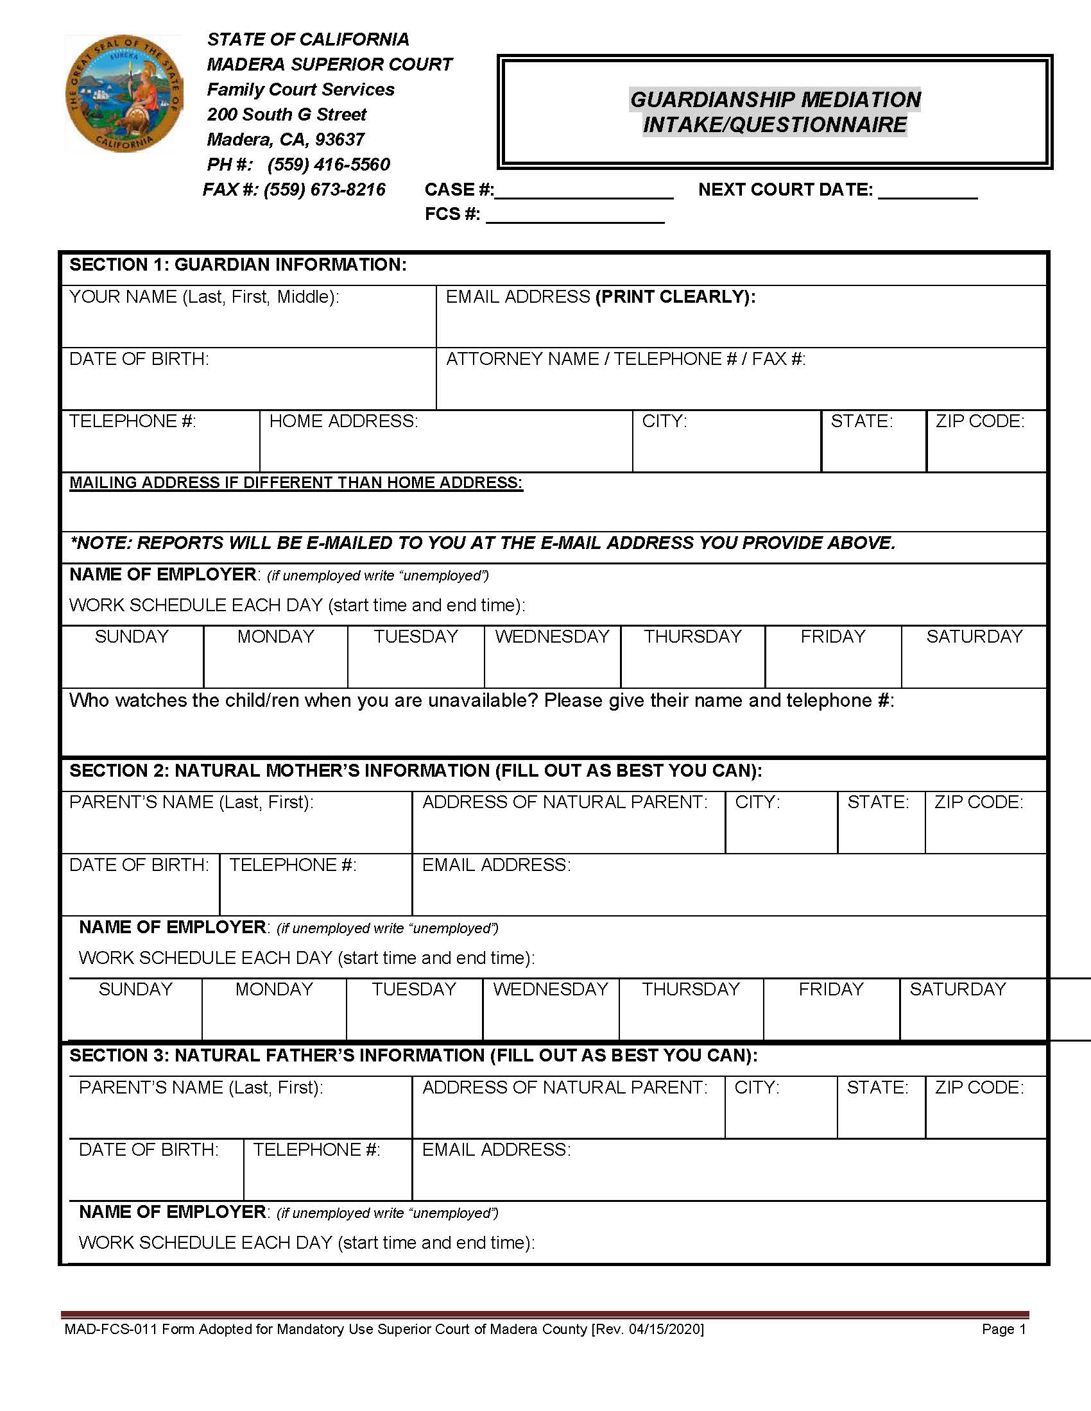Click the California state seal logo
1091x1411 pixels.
pyautogui.click(x=123, y=94)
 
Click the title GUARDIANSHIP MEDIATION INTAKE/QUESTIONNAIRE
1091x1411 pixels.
pyautogui.click(x=775, y=112)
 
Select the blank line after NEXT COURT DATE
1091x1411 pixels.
pyautogui.click(x=927, y=191)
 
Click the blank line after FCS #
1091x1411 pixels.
pyautogui.click(x=575, y=215)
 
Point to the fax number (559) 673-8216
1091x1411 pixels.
pyautogui.click(x=325, y=190)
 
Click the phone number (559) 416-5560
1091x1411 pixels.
pyautogui.click(x=329, y=165)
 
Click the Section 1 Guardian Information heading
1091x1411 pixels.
pyautogui.click(x=238, y=265)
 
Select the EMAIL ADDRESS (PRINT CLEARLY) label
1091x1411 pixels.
pyautogui.click(x=600, y=297)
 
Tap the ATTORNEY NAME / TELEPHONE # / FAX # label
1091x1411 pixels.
pyautogui.click(x=625, y=359)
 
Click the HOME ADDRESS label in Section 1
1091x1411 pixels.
pyautogui.click(x=343, y=421)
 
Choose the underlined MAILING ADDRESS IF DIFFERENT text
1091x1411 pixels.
pyautogui.click(x=295, y=482)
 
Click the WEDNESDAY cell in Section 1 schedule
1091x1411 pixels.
pyautogui.click(x=552, y=656)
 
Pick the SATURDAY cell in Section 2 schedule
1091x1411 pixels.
pyautogui.click(x=958, y=1008)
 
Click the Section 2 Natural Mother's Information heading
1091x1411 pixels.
pyautogui.click(x=416, y=771)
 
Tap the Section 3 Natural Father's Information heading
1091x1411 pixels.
pyautogui.click(x=413, y=1056)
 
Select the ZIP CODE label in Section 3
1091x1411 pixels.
pyautogui.click(x=979, y=1088)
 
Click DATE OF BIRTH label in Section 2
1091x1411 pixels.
pyautogui.click(x=139, y=865)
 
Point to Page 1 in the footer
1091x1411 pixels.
pyautogui.click(x=1003, y=1329)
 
